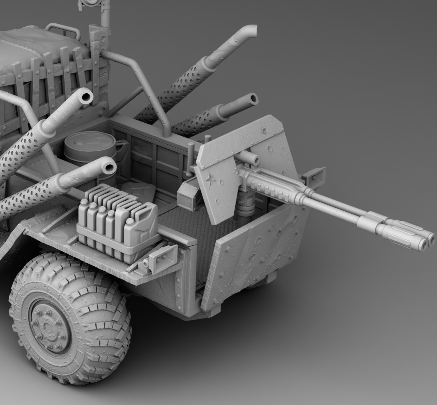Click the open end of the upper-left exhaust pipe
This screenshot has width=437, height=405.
click(x=85, y=97)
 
